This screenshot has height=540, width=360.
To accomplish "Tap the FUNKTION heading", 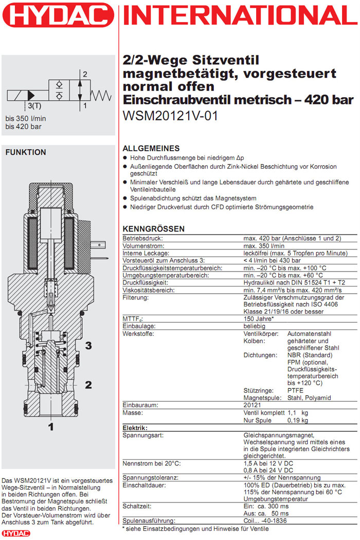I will pos(25,152).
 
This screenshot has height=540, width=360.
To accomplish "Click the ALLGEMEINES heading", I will pos(151,148).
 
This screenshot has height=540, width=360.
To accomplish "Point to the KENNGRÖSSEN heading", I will pos(153,229).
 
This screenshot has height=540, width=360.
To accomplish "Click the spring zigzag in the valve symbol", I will pos(101,94).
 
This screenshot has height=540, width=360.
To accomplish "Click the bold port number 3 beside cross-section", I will pos(88,346).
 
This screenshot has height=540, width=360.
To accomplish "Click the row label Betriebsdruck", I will pos(142,238).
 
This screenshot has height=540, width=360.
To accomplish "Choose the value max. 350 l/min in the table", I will pos(265,246).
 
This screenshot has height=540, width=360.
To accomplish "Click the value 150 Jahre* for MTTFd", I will pos(259,319).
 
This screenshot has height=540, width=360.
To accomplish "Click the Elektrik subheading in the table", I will pos(135,428).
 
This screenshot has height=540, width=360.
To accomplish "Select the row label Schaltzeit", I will pos(137,507).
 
